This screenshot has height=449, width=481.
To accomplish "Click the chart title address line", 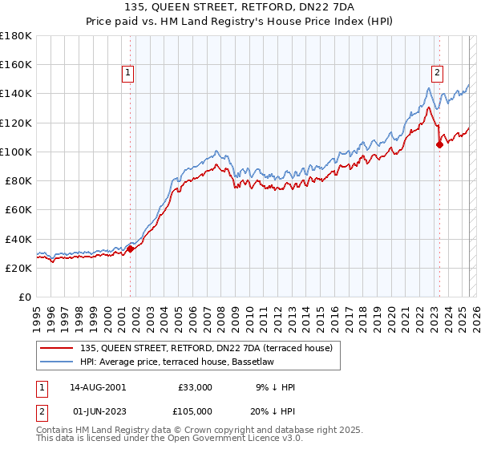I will [240, 7].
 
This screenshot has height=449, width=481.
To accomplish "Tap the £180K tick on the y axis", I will [16, 36].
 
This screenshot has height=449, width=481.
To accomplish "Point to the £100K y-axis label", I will [16, 152].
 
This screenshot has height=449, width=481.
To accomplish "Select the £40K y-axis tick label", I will [18, 239].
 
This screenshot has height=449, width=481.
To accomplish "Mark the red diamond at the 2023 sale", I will [439, 144].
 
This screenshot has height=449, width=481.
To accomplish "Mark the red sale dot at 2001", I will [130, 249].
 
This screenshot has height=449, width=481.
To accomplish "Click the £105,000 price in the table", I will [195, 410].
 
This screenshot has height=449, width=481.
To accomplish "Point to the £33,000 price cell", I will [195, 387].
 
